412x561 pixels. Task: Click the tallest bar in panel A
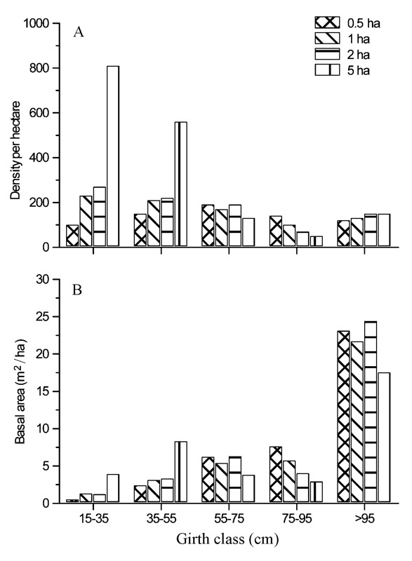coord(113,156)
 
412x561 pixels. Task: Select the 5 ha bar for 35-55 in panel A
coord(181,184)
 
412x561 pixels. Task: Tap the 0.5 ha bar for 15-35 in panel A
coord(72,236)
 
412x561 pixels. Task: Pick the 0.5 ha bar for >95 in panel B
coord(344,417)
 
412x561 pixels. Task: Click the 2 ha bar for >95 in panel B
coord(371,412)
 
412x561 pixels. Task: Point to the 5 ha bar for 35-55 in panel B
coord(181,471)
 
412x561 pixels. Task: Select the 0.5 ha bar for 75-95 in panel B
coord(276,475)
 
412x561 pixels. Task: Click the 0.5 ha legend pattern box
coord(327,22)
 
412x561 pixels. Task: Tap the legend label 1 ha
coord(359,39)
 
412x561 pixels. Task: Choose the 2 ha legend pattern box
coord(327,54)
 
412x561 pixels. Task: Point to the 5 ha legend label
coord(359,71)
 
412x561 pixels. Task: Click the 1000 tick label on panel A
coord(36,24)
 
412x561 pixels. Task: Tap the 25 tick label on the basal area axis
coord(43,317)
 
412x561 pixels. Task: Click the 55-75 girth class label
coord(229,518)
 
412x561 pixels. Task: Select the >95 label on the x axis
coord(365,518)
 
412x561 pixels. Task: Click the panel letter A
coord(79,32)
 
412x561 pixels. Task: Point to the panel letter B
coord(77,290)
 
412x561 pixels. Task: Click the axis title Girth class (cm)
coord(227,539)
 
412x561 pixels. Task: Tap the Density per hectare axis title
coord(15,150)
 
